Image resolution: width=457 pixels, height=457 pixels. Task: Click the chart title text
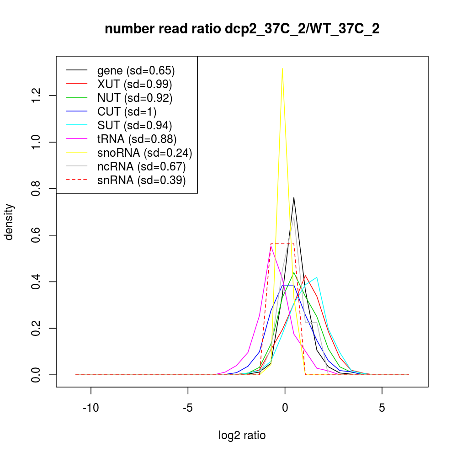[242, 29]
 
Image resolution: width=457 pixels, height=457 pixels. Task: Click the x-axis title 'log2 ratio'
[242, 435]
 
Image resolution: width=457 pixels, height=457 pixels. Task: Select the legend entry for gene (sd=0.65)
[136, 70]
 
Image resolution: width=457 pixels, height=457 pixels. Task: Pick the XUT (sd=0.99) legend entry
[134, 84]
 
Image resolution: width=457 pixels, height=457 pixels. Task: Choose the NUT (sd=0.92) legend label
[134, 98]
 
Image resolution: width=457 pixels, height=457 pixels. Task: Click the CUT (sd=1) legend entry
[127, 112]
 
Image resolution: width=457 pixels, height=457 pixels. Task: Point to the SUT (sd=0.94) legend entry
[134, 125]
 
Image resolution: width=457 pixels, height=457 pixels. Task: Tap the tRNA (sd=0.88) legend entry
[137, 139]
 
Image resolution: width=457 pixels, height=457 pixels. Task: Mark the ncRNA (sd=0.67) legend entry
[141, 166]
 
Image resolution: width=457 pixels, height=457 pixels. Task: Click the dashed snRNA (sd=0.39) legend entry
[141, 180]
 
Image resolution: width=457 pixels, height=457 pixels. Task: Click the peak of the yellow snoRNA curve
[282, 69]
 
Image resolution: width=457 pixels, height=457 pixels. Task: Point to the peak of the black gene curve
[294, 197]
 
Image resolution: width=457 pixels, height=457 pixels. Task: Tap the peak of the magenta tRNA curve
[271, 246]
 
